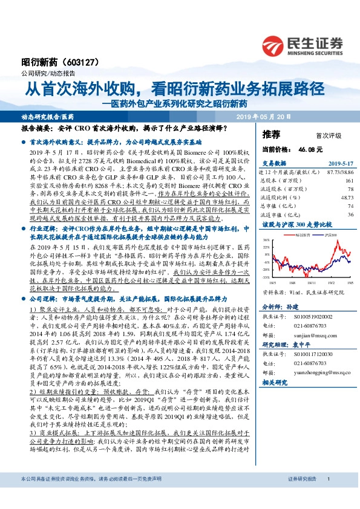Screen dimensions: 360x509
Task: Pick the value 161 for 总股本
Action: [x=349, y=180]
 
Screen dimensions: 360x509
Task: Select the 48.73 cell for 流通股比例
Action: [x=345, y=197]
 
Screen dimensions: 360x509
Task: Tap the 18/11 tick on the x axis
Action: [x=310, y=281]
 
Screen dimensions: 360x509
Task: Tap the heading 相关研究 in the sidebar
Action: [x=275, y=382]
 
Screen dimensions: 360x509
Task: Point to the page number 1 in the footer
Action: [x=328, y=495]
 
